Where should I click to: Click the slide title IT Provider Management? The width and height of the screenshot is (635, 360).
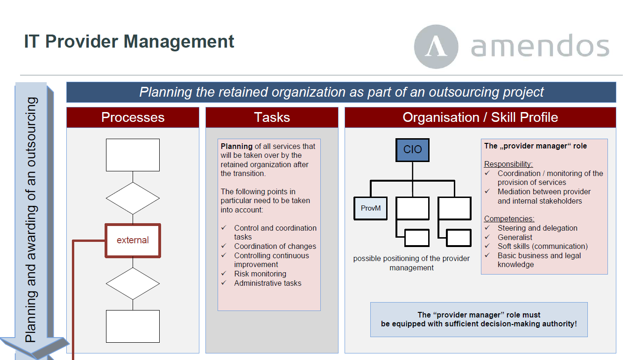[x=129, y=42]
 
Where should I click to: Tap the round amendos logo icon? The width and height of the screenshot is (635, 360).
[x=436, y=47]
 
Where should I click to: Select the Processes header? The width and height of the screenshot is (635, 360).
[x=133, y=117]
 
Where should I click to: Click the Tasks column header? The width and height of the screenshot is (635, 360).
[x=272, y=117]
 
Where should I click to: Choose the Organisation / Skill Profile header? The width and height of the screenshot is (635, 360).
[x=480, y=117]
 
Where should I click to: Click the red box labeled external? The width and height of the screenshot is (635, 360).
[x=133, y=240]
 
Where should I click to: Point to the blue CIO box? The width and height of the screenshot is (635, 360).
[x=412, y=150]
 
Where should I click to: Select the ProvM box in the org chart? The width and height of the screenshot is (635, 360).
[x=371, y=208]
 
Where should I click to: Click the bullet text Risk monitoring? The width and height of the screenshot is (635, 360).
[x=260, y=274]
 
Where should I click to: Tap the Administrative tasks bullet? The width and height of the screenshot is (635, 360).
[x=268, y=283]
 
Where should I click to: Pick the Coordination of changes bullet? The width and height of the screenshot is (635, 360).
[x=275, y=246]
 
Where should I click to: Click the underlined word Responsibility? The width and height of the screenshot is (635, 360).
[x=508, y=164]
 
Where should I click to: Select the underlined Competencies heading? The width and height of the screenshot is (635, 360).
[x=509, y=219]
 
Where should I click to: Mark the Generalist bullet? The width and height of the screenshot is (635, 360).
[x=515, y=237]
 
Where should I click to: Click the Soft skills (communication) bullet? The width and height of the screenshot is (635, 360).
[x=542, y=246]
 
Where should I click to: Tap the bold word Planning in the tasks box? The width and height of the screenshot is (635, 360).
[x=237, y=146]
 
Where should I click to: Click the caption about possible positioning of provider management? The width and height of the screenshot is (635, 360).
[x=411, y=263]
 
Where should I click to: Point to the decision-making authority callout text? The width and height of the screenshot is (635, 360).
[x=479, y=319]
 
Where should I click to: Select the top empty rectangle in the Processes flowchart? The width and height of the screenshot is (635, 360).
[x=133, y=155]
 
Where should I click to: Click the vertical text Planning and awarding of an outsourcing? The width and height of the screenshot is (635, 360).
[x=31, y=219]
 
